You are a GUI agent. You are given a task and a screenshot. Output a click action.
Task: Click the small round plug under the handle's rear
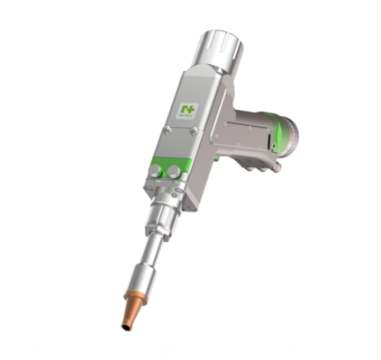pos(277,166)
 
